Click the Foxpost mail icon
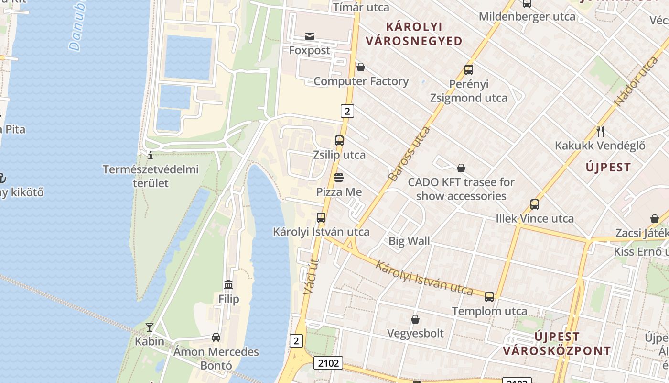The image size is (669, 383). (310, 36)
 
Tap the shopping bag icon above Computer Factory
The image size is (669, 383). (360, 68)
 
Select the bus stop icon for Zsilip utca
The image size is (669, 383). (339, 141)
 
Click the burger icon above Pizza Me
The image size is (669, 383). (339, 178)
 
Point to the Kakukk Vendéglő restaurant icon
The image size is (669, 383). (600, 131)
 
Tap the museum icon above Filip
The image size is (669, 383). (228, 285)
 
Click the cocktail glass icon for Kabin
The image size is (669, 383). (150, 327)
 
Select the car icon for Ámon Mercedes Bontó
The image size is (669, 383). (216, 338)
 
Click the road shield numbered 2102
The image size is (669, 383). (329, 363)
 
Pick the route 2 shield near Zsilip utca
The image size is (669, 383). (347, 111)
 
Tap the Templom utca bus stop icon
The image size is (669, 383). (489, 297)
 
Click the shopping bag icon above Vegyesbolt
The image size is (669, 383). (415, 319)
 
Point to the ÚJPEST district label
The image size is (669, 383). (608, 168)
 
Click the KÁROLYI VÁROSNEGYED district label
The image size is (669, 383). (414, 34)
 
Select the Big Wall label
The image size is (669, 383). (409, 241)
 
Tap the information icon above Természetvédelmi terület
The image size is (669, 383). (151, 155)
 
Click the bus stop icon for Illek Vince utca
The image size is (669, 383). (535, 204)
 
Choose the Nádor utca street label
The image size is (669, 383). (636, 81)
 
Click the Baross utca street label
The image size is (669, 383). (409, 154)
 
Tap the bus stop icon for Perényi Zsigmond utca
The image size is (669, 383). (469, 70)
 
